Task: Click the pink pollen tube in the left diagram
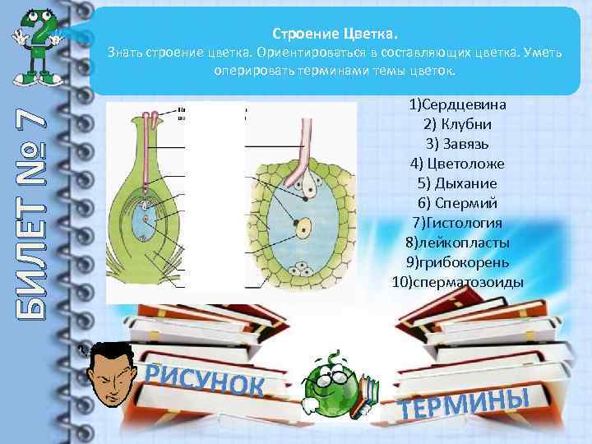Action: [149, 144]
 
